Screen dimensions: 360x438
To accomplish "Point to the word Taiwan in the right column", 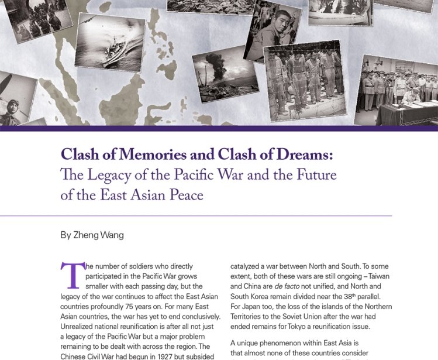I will (x=377, y=276).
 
